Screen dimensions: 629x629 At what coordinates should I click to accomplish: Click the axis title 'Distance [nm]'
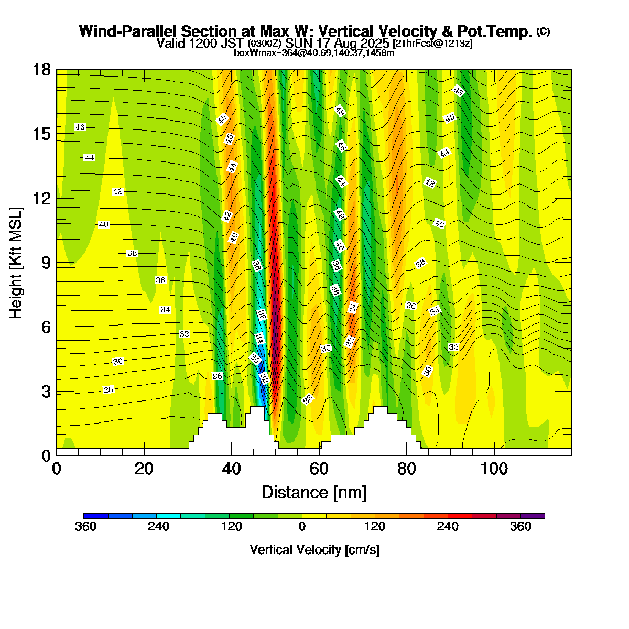(314, 493)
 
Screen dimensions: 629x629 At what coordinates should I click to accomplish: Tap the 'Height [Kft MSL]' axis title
(16, 263)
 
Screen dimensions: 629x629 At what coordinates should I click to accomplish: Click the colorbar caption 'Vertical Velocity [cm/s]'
(314, 550)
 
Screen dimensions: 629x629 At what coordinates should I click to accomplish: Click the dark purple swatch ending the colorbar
(533, 516)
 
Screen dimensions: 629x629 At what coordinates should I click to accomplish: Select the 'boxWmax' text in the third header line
(252, 52)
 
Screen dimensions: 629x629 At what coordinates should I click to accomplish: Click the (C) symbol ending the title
(543, 31)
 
